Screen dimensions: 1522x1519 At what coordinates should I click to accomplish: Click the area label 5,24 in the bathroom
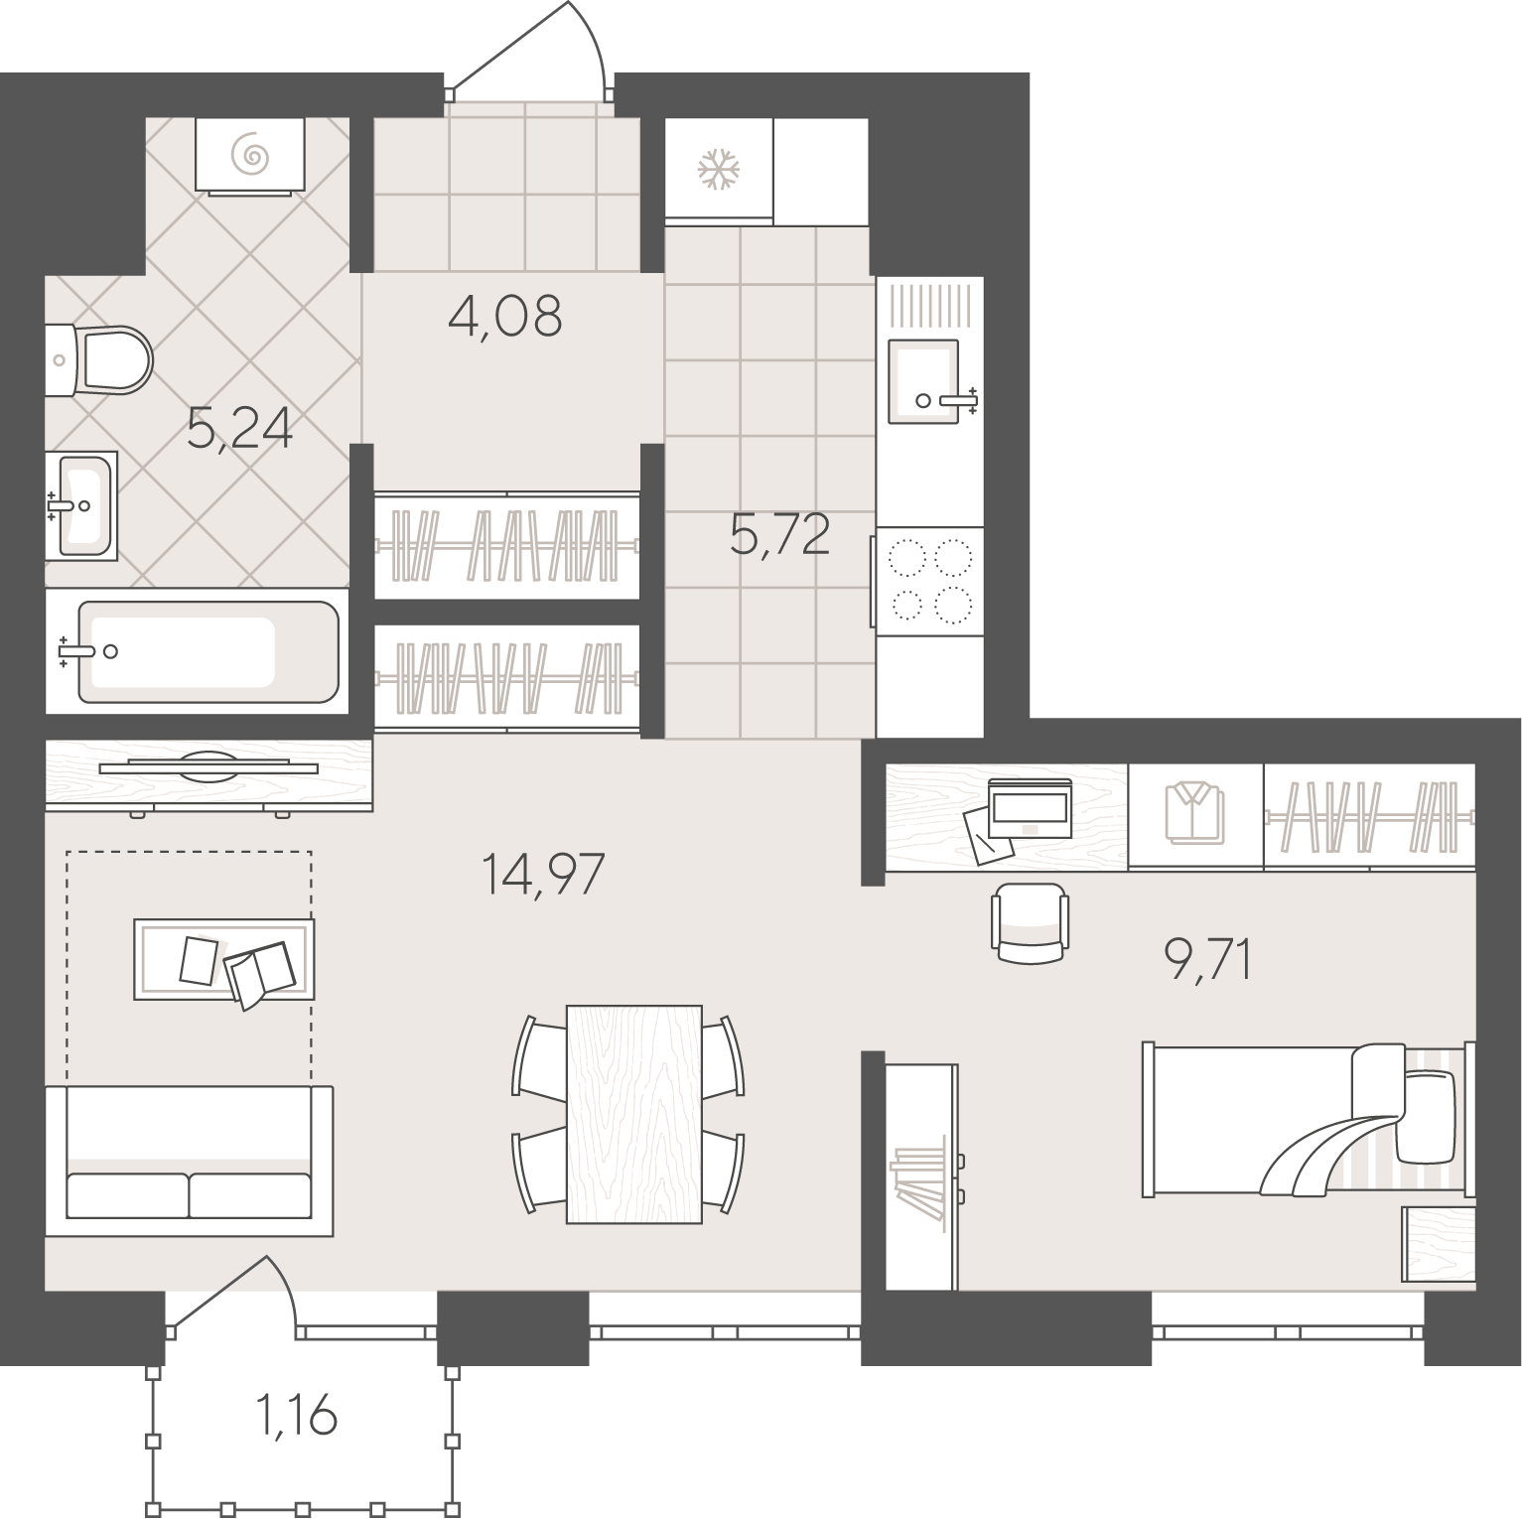tap(239, 430)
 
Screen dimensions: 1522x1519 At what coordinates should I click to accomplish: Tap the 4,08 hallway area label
tap(505, 318)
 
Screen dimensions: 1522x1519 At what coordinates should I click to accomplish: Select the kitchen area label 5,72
tap(779, 535)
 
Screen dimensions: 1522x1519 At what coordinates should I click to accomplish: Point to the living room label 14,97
tap(542, 875)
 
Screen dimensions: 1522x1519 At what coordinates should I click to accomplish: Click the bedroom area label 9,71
tap(1207, 960)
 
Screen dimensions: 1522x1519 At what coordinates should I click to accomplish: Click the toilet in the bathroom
tap(99, 359)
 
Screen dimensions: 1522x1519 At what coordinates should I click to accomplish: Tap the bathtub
tap(199, 651)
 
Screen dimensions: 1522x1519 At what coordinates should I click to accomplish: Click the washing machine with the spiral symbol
tap(250, 154)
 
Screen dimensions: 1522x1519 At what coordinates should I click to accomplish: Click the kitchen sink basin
tap(924, 381)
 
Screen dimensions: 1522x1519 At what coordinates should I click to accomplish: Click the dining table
tap(634, 1114)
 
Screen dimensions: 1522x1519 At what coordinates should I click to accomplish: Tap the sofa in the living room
tap(189, 1161)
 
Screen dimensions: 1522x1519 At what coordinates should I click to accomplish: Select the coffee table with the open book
tap(223, 959)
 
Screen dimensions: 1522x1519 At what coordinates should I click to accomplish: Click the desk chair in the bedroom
tap(1031, 923)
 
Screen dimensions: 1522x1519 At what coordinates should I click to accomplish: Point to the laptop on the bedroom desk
tap(1030, 808)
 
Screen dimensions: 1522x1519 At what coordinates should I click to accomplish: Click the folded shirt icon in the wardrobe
tap(1195, 811)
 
